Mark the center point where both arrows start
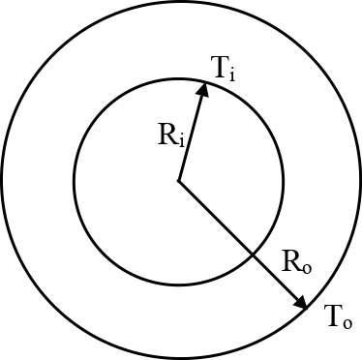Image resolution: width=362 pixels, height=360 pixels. (179, 180)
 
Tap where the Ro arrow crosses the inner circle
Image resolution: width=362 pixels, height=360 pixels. (255, 255)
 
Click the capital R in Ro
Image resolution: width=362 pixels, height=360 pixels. (289, 259)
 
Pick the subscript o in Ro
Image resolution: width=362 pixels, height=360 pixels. (305, 264)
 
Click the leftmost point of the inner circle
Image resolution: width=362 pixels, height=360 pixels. (75, 180)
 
